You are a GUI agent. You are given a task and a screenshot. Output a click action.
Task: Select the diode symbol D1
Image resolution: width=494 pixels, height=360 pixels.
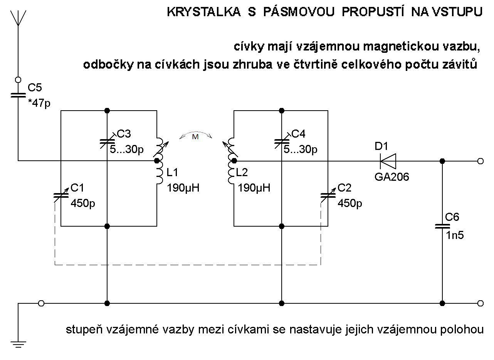[388, 161]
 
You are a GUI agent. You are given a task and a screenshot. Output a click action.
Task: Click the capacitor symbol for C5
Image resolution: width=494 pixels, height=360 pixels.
[18, 95]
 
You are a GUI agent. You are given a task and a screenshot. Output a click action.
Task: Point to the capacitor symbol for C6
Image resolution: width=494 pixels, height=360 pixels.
[442, 226]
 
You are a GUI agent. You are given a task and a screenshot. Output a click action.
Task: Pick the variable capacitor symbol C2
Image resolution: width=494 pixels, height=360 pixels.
[328, 195]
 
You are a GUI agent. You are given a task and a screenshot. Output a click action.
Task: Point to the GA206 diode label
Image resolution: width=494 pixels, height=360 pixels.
[392, 177]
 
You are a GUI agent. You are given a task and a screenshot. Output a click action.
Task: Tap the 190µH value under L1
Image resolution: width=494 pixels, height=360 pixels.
[183, 188]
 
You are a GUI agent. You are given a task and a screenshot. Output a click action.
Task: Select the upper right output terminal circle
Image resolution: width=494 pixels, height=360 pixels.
[480, 161]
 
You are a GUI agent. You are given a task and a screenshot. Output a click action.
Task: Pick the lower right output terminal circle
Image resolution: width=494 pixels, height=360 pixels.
[480, 303]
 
